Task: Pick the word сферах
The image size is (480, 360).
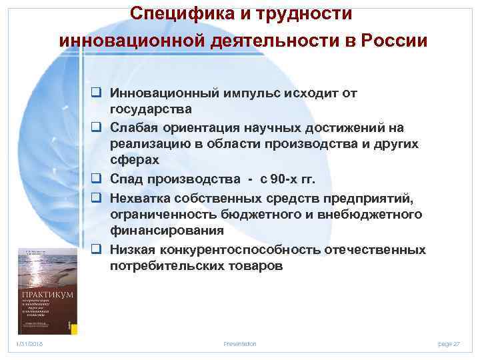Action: [x=134, y=161]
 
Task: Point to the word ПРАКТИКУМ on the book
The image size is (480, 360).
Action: [x=46, y=294]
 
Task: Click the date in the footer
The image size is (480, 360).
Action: [x=30, y=343]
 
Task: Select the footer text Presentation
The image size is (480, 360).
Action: [x=239, y=343]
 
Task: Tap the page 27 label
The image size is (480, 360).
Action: [x=449, y=343]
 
